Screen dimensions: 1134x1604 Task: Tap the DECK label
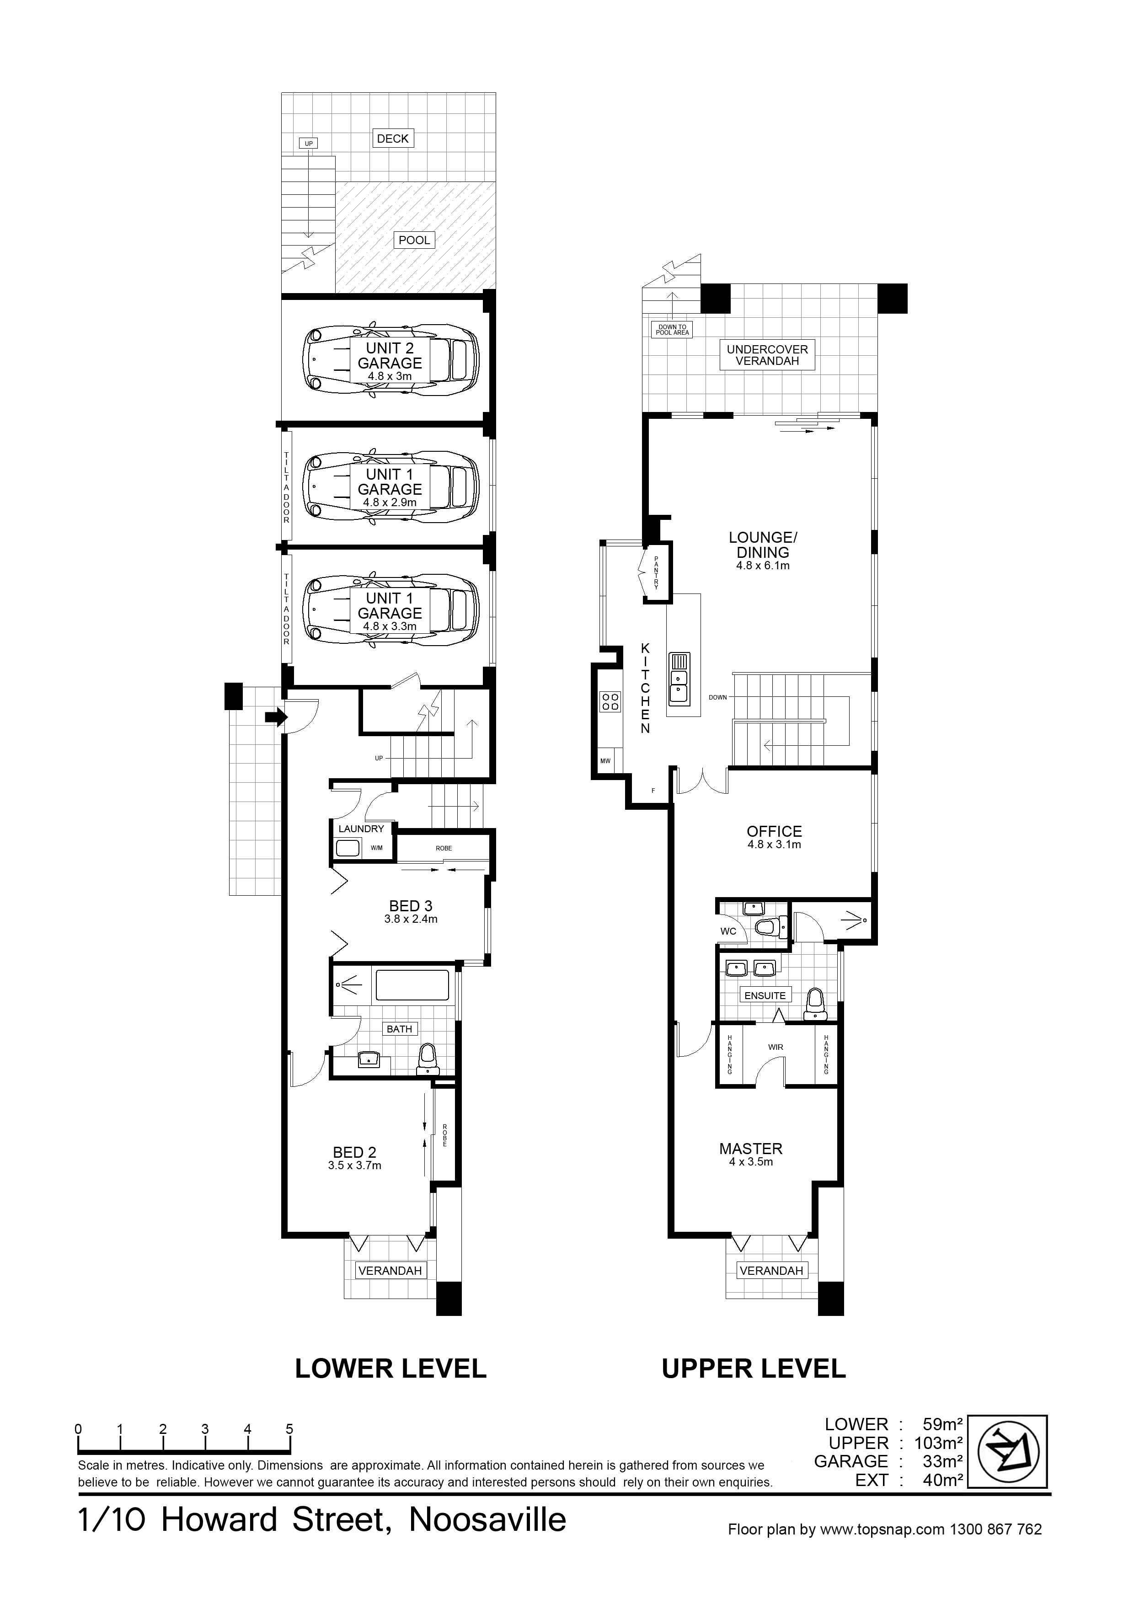point(393,139)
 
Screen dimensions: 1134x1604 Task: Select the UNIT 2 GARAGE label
point(390,356)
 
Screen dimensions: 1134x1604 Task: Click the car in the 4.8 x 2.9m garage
point(390,486)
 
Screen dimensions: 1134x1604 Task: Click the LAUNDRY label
point(361,829)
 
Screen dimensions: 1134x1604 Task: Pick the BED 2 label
point(354,1152)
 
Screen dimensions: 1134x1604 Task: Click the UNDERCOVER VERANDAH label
point(767,355)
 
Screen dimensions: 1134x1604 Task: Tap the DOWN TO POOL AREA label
point(672,330)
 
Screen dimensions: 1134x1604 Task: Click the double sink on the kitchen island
point(679,677)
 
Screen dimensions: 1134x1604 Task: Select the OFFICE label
point(774,831)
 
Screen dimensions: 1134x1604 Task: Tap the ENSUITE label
point(765,995)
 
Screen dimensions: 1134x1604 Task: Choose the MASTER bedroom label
point(751,1149)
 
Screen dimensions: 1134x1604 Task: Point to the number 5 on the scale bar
point(289,1429)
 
